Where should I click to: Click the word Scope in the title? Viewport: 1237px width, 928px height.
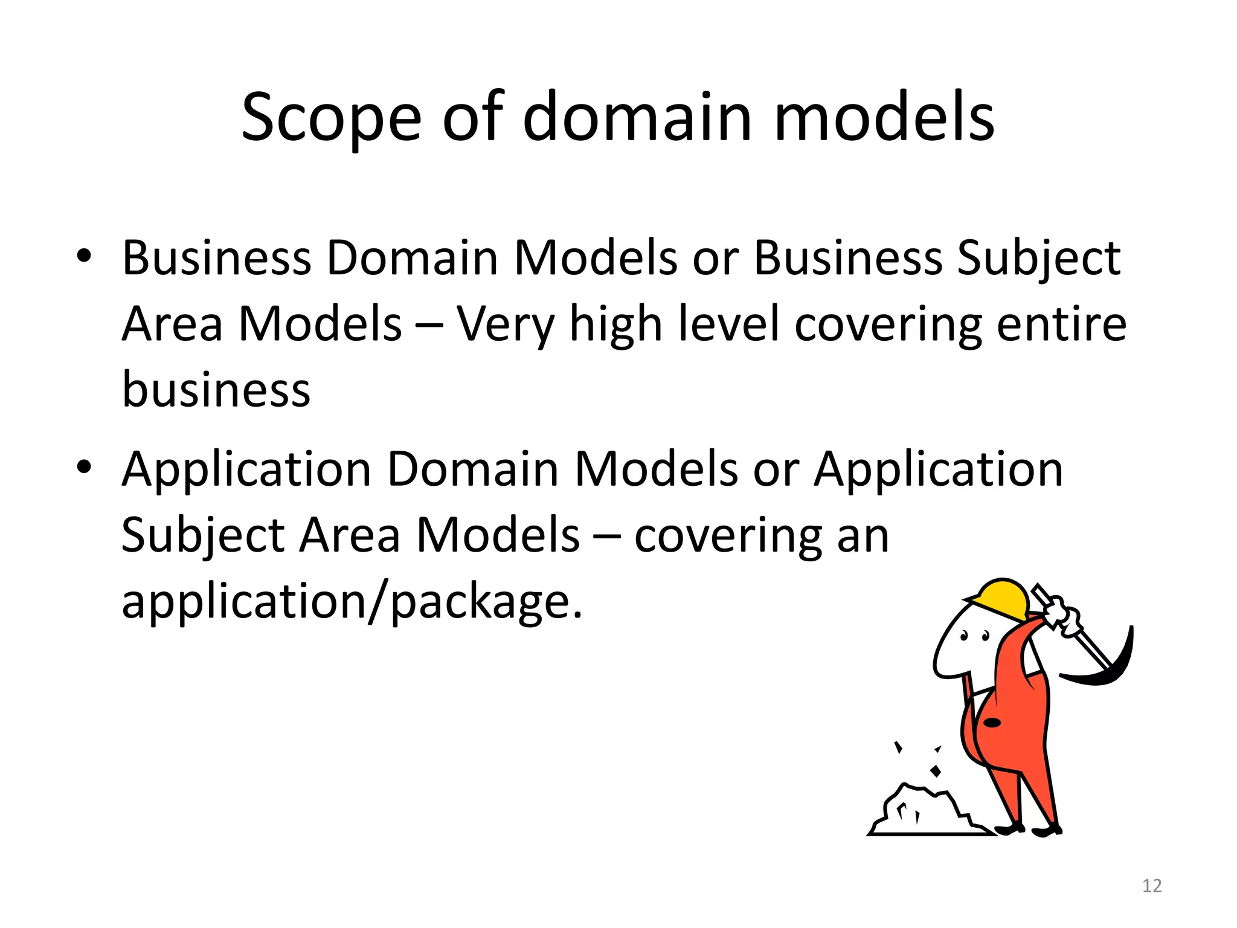331,118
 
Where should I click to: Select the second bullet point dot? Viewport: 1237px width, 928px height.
84,466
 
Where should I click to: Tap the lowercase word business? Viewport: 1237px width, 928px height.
216,390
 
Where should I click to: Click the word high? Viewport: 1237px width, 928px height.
615,325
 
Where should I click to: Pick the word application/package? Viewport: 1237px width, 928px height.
352,602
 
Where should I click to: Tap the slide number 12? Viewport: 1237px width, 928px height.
1152,886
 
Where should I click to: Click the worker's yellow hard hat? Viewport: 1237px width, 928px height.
1000,598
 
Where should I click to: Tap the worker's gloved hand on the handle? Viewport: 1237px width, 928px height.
1063,616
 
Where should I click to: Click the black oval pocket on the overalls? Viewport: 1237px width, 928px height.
992,723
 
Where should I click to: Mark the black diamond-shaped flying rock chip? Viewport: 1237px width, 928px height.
936,771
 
